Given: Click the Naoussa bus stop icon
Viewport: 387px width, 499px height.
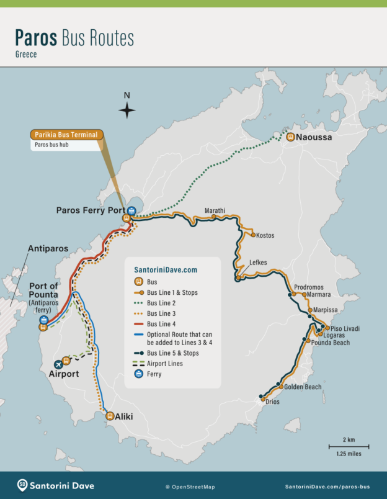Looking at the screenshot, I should tap(290, 137).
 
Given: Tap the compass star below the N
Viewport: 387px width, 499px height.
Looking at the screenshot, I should tap(127, 110).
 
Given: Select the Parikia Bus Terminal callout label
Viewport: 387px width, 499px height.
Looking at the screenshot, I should tap(66, 135).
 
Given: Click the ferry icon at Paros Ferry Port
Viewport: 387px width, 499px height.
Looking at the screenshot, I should tap(132, 210).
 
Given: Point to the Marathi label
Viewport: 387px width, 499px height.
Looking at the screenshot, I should tap(215, 210).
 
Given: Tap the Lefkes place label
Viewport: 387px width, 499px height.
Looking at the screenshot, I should tap(257, 263).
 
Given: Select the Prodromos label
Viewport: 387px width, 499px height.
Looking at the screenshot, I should tap(309, 287).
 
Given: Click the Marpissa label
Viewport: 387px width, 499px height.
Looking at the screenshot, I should tap(326, 309).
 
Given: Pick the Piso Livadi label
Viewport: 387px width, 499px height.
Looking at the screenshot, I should tap(345, 328).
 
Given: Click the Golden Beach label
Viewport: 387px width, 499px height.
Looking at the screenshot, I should tap(303, 387).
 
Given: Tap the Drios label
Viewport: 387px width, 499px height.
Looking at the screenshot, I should tap(272, 402).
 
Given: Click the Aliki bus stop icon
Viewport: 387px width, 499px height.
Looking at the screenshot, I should tap(110, 416).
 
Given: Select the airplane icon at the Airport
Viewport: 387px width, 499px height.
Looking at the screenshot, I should tap(59, 364).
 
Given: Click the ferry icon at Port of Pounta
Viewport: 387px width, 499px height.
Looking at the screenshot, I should tap(43, 320).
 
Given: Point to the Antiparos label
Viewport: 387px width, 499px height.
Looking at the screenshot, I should tap(48, 248).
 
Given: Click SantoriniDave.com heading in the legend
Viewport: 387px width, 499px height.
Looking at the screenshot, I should tap(166, 270).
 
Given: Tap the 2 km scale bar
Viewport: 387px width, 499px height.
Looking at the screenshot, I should tap(349, 446).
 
